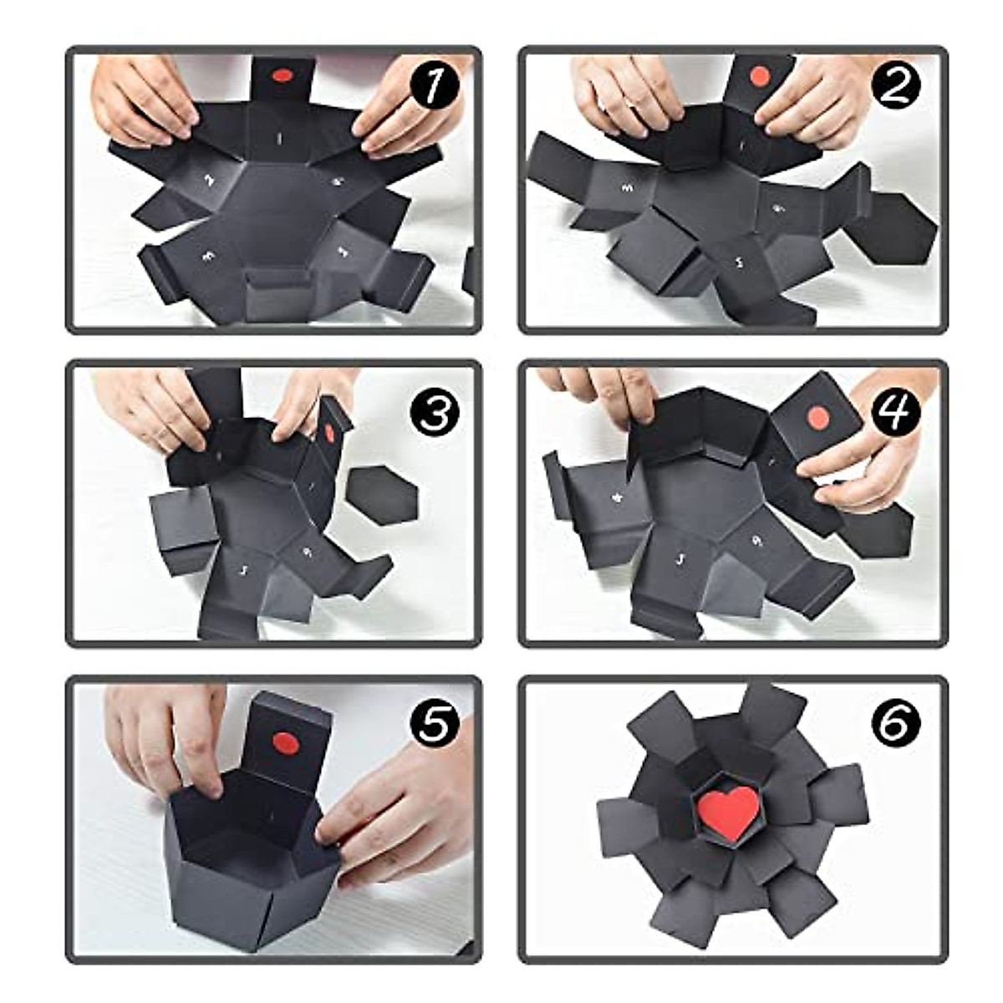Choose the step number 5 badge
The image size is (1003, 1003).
[x=434, y=725]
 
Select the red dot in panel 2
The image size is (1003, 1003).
[x=759, y=77]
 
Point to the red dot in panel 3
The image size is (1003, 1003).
[x=328, y=433]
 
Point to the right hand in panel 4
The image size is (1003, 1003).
[x=869, y=468]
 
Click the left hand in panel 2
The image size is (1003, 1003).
[x=623, y=96]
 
